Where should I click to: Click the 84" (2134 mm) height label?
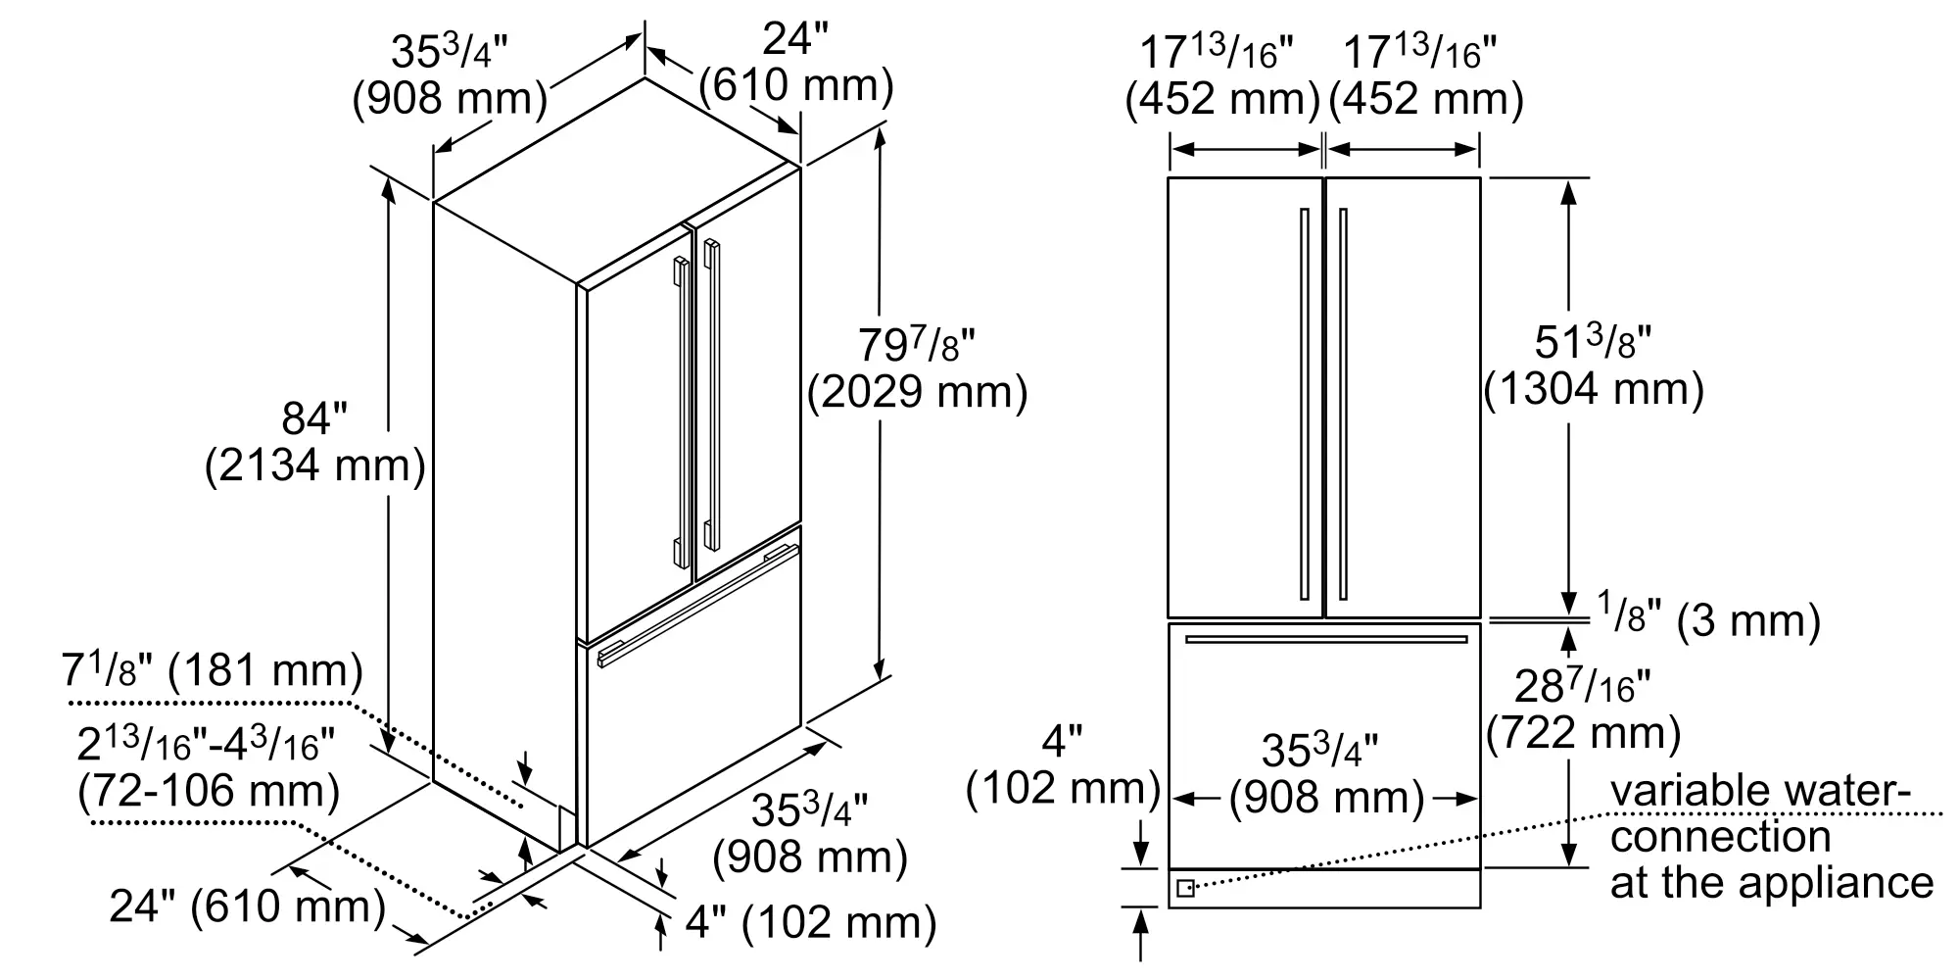tap(315, 442)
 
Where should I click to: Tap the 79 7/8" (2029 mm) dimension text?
tap(918, 368)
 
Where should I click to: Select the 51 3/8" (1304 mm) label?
tap(1594, 366)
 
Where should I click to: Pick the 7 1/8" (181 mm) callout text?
tap(213, 670)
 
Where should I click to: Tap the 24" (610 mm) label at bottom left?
tap(248, 906)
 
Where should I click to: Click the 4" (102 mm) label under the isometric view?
tap(810, 922)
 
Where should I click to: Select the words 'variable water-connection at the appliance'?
tap(1772, 837)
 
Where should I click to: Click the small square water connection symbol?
tap(1185, 888)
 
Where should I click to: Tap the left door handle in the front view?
tap(1304, 404)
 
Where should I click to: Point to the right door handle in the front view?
tap(1343, 404)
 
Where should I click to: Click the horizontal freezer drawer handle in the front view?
tap(1326, 640)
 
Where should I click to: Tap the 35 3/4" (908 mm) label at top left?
tap(450, 74)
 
